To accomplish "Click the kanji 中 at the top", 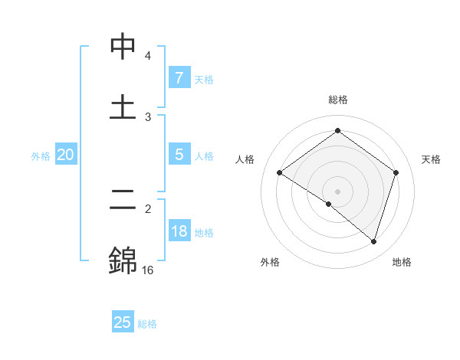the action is point(123,47).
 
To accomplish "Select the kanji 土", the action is point(123,107).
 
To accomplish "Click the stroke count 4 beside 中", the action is point(148,56).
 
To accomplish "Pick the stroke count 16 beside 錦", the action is point(148,270).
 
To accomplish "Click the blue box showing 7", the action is point(179,77).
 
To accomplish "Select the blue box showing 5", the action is point(179,155).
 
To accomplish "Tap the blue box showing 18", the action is point(179,231).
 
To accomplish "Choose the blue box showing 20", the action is point(65,155).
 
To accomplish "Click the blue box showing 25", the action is point(123,322).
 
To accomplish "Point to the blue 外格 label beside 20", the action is point(41,155).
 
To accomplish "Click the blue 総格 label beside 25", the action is point(147,324).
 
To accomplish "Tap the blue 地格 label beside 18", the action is point(204,233).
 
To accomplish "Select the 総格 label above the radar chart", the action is point(337,100).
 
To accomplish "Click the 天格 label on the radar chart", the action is point(432,159).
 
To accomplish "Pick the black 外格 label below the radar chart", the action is point(270,262).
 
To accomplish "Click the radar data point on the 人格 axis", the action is point(280,173).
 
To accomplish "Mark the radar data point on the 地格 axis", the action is point(373,241).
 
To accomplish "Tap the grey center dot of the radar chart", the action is point(337,191).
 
